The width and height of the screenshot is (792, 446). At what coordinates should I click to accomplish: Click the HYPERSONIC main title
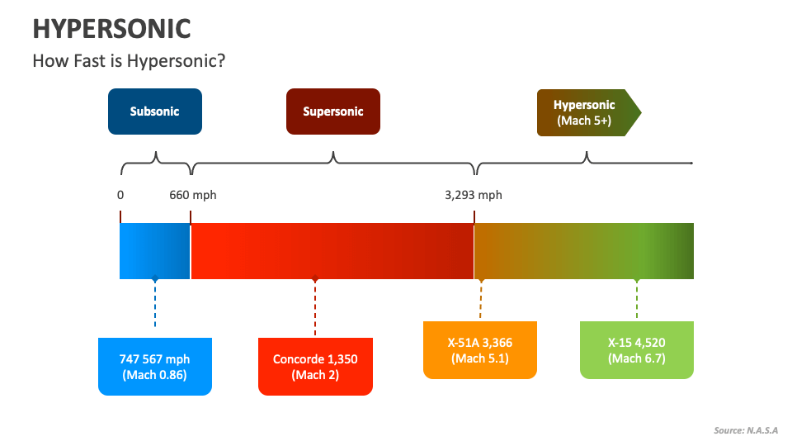point(111,28)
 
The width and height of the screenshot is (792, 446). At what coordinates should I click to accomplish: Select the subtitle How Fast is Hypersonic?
point(128,61)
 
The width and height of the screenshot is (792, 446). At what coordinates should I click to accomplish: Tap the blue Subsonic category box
point(154,111)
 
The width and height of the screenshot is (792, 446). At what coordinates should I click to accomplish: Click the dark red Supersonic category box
point(332,111)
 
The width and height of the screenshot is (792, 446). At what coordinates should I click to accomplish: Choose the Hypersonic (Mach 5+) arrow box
point(585,112)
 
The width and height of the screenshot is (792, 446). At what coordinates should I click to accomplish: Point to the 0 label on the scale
point(120,195)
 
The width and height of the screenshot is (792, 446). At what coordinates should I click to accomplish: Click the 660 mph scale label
point(193,195)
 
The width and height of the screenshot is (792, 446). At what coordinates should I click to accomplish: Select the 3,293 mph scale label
point(473,195)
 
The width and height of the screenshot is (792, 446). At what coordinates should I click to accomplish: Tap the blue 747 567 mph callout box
point(154,367)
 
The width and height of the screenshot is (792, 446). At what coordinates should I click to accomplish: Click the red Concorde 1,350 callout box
point(315,367)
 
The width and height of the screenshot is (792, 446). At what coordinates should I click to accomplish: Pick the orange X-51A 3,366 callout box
point(480,350)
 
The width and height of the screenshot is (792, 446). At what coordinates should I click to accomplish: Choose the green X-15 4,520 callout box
point(636,350)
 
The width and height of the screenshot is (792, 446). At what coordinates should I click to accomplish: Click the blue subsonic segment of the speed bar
point(155,251)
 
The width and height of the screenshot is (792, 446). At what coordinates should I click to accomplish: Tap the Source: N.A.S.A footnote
point(746,430)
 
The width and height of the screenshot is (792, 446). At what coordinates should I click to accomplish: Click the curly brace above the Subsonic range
point(156,163)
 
